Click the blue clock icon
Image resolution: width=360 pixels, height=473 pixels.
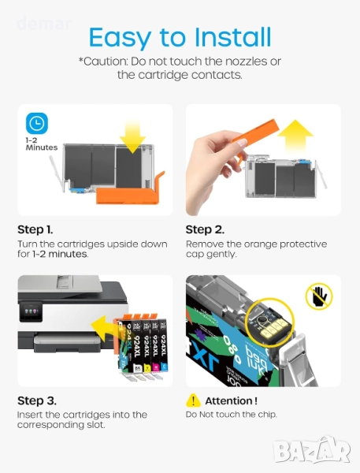[x=37, y=123]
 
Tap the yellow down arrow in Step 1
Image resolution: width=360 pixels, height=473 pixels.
[x=132, y=136]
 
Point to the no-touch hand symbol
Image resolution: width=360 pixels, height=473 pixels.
[x=319, y=296]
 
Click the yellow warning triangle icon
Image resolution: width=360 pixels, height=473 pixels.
[x=193, y=400]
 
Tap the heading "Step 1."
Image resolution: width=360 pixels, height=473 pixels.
[x=35, y=229]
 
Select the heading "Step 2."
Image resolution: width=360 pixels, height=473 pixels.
[x=205, y=229]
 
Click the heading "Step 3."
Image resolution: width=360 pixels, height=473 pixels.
[x=37, y=400]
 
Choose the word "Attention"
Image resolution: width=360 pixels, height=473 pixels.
[x=228, y=401]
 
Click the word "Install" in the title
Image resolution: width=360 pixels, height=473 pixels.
[x=232, y=37]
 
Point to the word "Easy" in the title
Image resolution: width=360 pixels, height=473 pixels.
[x=120, y=38]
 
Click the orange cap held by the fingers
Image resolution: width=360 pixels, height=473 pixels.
[x=254, y=135]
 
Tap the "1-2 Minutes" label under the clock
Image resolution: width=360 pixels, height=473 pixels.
[x=41, y=144]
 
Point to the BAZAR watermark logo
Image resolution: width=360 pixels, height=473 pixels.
[x=312, y=450]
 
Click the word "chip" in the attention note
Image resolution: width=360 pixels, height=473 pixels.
[x=267, y=415]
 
